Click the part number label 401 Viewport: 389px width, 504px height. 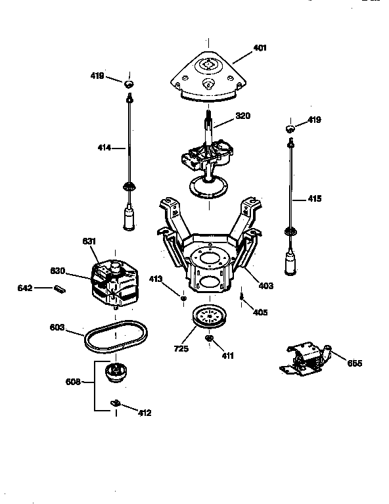(260, 47)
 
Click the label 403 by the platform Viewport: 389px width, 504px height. (266, 286)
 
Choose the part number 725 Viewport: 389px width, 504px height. (181, 348)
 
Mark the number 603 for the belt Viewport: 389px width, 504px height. (58, 327)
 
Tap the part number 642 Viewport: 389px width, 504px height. (43, 287)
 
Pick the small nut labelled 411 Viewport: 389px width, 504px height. (208, 338)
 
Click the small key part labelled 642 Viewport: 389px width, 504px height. (62, 287)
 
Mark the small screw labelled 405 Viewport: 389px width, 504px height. (242, 299)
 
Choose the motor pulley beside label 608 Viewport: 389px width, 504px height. (116, 375)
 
